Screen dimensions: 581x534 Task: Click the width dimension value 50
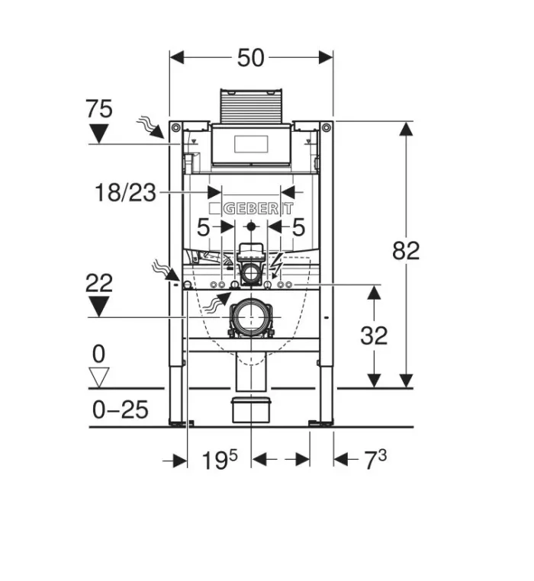250,58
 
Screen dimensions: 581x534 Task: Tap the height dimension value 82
406,250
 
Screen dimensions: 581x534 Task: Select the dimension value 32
374,335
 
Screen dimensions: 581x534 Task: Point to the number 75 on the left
99,109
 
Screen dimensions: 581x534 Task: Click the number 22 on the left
99,284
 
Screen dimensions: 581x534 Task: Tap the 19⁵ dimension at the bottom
220,460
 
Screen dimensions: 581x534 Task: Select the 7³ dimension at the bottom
372,460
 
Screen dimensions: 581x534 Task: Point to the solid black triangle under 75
99,134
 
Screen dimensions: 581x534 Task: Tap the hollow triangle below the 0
99,377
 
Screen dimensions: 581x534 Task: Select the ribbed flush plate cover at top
251,106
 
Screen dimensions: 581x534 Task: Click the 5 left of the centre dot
203,226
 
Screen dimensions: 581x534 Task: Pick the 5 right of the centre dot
298,226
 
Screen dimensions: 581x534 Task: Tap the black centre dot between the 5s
251,226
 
